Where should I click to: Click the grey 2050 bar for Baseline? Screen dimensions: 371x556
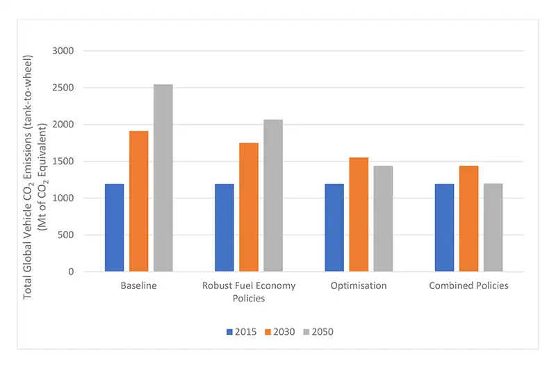[x=163, y=178]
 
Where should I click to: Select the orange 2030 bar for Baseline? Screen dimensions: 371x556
[x=139, y=201]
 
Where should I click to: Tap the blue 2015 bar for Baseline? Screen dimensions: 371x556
[x=115, y=228]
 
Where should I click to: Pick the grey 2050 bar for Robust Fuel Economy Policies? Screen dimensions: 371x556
[x=273, y=196]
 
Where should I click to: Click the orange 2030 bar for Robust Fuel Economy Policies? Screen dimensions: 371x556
[x=249, y=207]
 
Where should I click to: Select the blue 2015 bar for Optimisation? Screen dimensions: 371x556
[x=334, y=228]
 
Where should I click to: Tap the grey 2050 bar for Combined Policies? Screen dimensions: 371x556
[x=493, y=228]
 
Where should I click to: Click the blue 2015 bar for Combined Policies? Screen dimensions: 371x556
[x=444, y=228]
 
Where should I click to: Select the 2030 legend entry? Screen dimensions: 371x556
[x=279, y=332]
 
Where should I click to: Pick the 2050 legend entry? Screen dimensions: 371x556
[x=318, y=332]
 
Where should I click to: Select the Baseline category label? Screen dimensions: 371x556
[x=139, y=285]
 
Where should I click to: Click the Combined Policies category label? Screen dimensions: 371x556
[x=468, y=285]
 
